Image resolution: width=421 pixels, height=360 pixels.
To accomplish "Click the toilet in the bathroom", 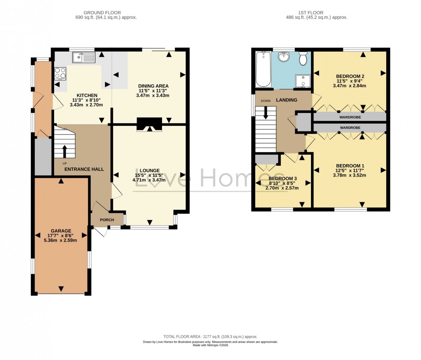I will [x=303, y=58].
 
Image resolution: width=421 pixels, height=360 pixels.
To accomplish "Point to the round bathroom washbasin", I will [x=284, y=57].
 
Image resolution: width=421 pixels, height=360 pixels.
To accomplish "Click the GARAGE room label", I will [x=61, y=231].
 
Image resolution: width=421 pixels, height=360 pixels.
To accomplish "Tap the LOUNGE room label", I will [x=149, y=170].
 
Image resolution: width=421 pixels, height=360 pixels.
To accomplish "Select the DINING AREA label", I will [x=153, y=86].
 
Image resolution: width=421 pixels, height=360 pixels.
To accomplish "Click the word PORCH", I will [x=107, y=220].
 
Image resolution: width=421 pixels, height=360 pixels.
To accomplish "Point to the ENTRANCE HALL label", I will [x=84, y=169].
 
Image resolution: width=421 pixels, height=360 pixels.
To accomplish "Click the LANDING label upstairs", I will [x=287, y=100].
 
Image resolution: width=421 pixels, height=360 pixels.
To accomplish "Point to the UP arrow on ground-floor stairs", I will [x=64, y=152].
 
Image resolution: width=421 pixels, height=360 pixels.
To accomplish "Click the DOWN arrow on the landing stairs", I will [x=265, y=113].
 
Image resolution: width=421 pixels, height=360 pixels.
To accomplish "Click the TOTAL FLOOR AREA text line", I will [x=210, y=337].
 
